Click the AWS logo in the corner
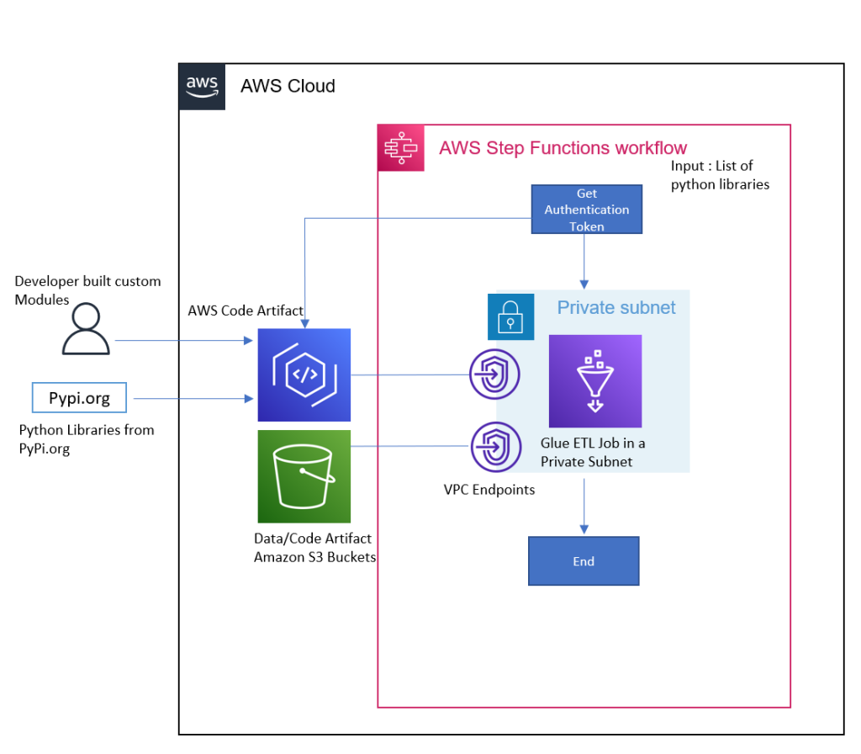(x=202, y=86)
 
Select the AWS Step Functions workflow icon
(x=401, y=148)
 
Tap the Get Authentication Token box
(x=586, y=210)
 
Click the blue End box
(x=584, y=561)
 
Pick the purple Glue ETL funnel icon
(x=595, y=381)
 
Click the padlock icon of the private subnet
(x=510, y=316)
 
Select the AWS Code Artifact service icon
(x=304, y=375)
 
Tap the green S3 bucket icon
(x=304, y=476)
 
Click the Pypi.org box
(x=79, y=398)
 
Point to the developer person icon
(x=86, y=329)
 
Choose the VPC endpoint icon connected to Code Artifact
(x=495, y=374)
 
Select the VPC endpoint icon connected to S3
(x=495, y=447)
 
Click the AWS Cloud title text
(x=288, y=86)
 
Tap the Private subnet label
(x=615, y=308)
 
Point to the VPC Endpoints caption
(x=489, y=490)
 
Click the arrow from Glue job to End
(x=584, y=505)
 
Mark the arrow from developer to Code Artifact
(x=185, y=341)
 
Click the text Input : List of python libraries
(x=720, y=175)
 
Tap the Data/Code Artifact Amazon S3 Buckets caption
(x=314, y=548)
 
